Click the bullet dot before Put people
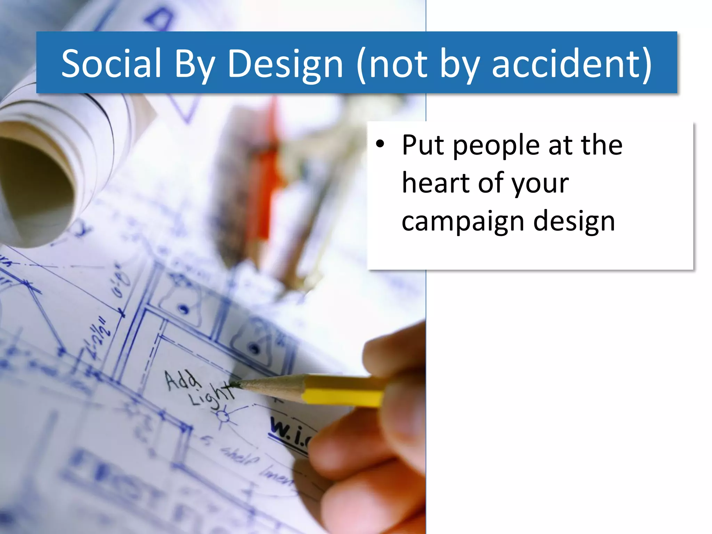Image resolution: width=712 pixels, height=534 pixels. pyautogui.click(x=380, y=144)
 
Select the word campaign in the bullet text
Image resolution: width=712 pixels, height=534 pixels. pyautogui.click(x=462, y=222)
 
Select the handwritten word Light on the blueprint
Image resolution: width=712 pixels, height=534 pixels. pyautogui.click(x=210, y=396)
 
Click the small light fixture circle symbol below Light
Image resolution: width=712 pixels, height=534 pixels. pyautogui.click(x=223, y=416)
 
